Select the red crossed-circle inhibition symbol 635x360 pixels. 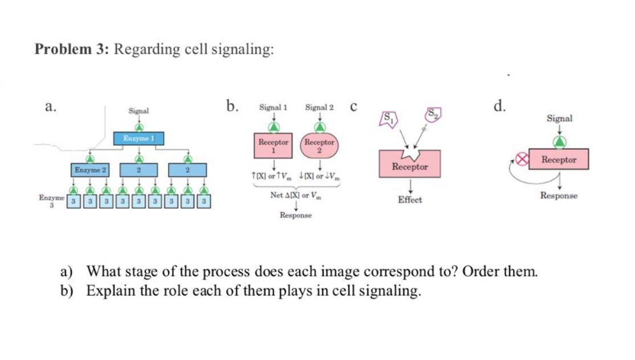520,159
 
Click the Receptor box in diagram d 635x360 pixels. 559,159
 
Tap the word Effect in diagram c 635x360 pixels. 410,200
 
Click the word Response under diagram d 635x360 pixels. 559,195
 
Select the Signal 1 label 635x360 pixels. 273,107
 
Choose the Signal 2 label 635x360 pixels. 319,107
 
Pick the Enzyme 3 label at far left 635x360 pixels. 50,201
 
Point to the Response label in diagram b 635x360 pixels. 295,216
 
